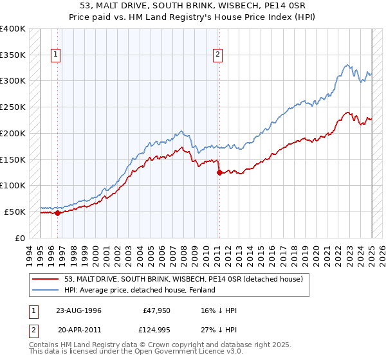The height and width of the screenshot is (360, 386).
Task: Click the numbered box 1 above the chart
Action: click(57, 55)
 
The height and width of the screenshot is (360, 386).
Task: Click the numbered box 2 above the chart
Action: click(218, 55)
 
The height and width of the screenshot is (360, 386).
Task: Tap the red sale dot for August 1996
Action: click(57, 213)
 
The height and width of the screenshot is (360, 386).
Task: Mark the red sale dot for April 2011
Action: click(219, 172)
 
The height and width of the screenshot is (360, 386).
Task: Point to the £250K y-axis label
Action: click(12, 107)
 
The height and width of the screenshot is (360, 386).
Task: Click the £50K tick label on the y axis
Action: click(15, 212)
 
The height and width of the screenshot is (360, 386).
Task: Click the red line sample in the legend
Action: click(46, 279)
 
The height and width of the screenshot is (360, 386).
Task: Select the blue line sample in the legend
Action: click(46, 290)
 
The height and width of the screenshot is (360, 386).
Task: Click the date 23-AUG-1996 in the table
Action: click(78, 310)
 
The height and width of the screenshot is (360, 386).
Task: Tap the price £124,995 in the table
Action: click(158, 330)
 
